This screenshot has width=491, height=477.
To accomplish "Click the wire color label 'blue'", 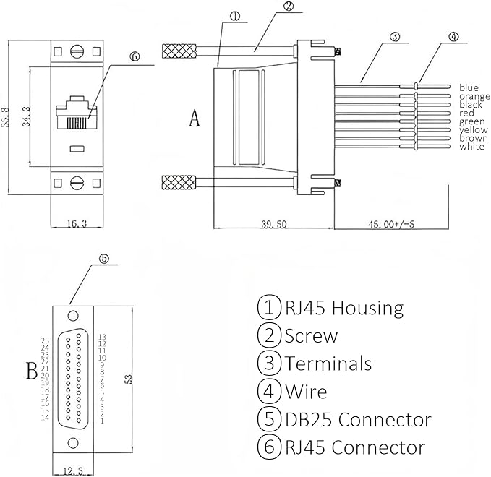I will click(469, 87).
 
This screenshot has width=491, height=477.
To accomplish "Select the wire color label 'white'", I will click(471, 147).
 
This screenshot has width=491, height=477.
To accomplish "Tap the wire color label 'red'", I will click(466, 113).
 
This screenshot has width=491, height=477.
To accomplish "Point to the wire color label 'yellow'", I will click(473, 130).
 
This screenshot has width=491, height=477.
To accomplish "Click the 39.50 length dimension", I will click(273, 225).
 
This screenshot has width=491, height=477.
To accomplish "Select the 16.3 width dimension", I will click(75, 225).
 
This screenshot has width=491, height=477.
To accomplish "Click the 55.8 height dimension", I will click(7, 115).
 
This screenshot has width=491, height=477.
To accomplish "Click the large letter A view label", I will click(194, 119).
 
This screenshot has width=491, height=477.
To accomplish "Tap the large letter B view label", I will click(31, 372).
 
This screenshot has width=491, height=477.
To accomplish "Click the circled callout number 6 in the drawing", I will click(134, 56).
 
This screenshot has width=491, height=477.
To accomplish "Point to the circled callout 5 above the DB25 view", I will click(103, 257).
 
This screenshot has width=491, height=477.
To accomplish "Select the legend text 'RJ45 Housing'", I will click(343, 308).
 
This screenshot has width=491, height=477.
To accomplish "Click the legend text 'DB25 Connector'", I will click(357, 419).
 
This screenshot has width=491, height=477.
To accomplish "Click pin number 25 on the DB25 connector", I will click(45, 340).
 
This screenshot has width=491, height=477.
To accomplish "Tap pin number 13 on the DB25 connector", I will click(102, 337).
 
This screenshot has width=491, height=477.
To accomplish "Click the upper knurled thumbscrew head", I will click(179, 51).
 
